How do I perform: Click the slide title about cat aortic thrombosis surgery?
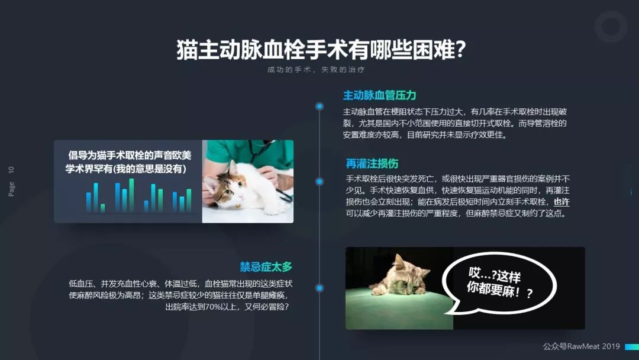click(x=321, y=50)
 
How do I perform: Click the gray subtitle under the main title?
click(x=316, y=70)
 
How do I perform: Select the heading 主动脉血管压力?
click(x=379, y=95)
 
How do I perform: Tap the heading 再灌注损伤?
click(x=372, y=163)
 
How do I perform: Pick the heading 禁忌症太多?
click(x=266, y=267)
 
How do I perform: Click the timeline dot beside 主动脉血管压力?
click(x=319, y=107)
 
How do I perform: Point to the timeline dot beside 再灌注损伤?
click(x=319, y=181)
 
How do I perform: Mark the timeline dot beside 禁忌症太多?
click(x=319, y=288)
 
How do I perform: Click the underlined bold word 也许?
click(x=561, y=202)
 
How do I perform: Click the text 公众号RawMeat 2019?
click(x=581, y=346)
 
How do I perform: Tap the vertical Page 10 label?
click(x=11, y=181)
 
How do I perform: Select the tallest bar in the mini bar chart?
click(x=131, y=195)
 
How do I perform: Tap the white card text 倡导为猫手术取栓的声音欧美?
click(x=130, y=155)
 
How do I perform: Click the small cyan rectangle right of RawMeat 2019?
click(x=632, y=347)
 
